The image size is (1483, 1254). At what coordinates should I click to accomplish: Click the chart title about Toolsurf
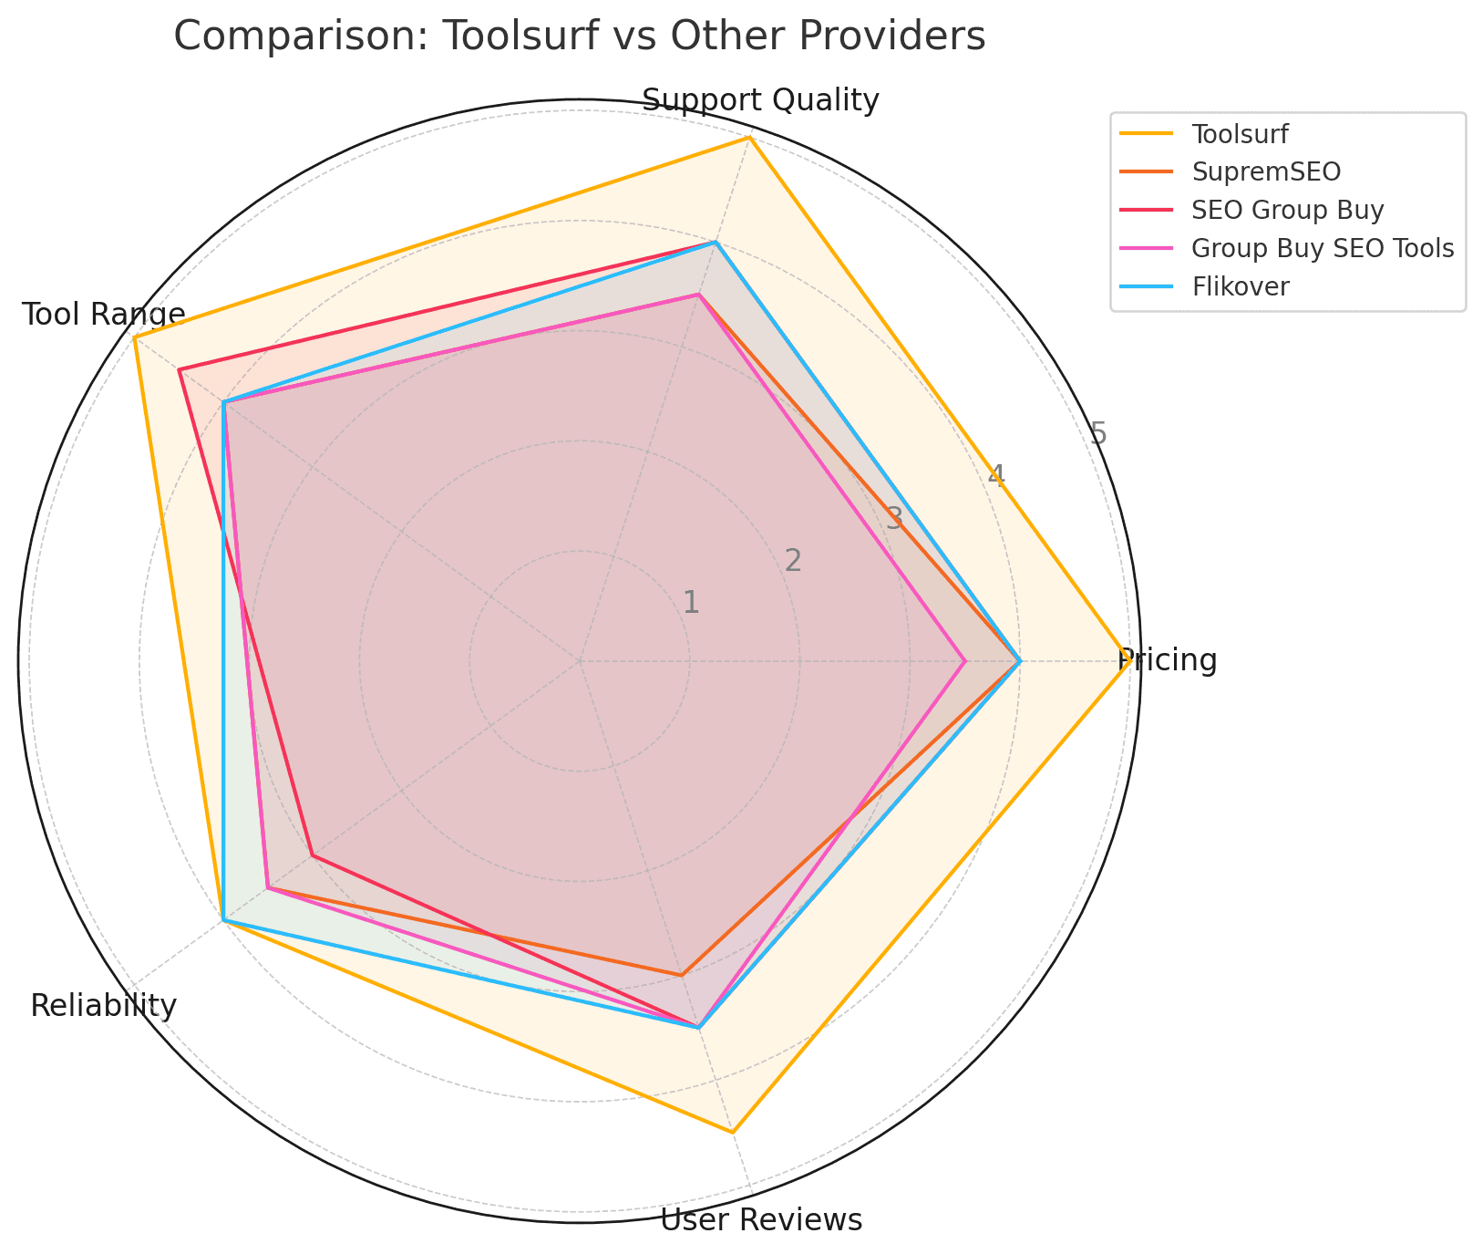(579, 37)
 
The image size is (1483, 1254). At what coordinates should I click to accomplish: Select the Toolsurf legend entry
(1240, 134)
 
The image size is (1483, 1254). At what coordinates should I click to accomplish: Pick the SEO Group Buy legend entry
(1287, 210)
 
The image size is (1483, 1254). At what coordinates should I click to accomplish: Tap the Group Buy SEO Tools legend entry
(1322, 248)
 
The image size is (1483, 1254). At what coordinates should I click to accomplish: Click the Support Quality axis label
(760, 100)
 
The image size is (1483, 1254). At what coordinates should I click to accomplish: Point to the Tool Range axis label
(103, 315)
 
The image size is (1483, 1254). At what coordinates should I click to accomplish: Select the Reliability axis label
(103, 1006)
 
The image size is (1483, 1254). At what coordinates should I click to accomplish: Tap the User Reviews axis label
(760, 1220)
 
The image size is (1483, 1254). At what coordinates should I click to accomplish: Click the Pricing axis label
(1168, 660)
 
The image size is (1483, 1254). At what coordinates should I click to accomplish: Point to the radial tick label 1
(691, 602)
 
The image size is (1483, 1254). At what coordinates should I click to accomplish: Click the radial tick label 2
(793, 560)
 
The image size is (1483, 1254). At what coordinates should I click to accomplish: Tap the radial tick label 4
(996, 475)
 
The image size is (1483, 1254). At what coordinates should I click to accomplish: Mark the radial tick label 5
(1098, 433)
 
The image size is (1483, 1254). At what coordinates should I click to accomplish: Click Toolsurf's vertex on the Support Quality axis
(749, 138)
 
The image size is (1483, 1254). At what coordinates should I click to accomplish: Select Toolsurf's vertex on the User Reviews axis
(732, 1132)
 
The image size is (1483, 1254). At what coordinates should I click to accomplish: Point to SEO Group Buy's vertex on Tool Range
(180, 370)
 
